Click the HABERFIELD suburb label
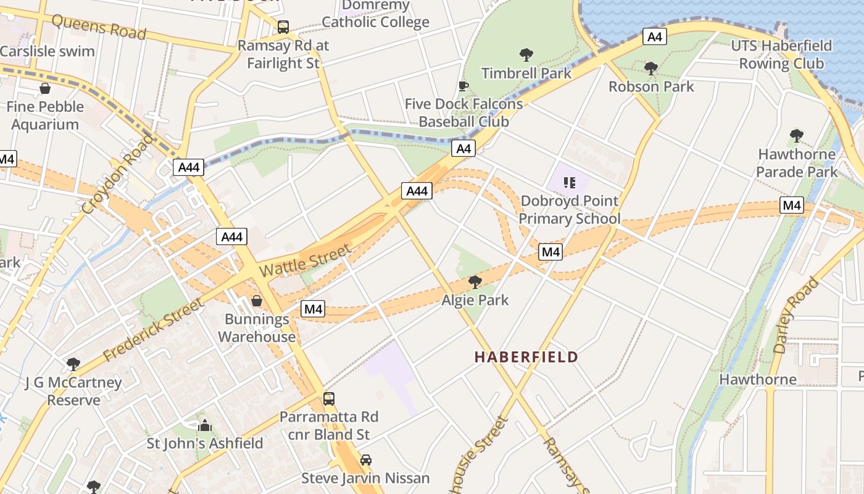[x=526, y=357]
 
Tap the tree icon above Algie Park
[x=475, y=282]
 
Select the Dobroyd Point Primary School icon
[x=569, y=183]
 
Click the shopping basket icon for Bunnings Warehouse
[x=257, y=301]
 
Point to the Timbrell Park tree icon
[x=526, y=55]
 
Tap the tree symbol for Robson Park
[x=650, y=68]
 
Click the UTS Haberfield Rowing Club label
[x=781, y=54]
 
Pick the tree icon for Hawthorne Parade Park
[x=796, y=135]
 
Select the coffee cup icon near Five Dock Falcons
[x=463, y=86]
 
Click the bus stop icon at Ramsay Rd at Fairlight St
[x=283, y=27]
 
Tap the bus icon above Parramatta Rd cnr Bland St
[x=329, y=398]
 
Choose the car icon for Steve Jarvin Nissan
[x=365, y=460]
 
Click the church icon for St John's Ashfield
[x=204, y=425]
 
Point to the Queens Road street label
[x=99, y=27]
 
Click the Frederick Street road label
[x=152, y=330]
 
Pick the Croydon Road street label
[x=117, y=175]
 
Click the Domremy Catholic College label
[x=375, y=14]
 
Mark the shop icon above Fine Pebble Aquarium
[x=44, y=88]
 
